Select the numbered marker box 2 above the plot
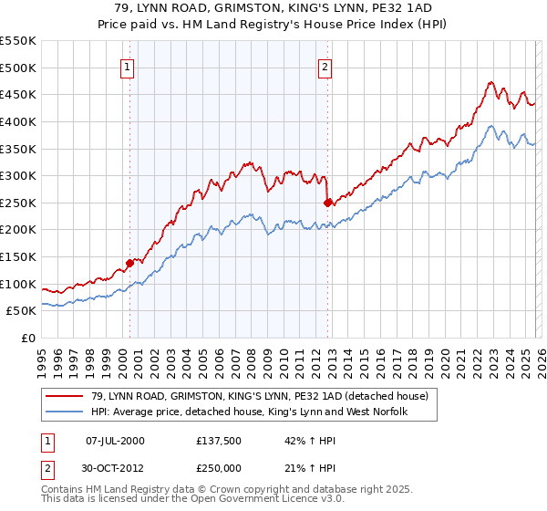click(x=325, y=66)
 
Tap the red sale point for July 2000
click(x=129, y=263)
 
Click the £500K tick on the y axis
click(x=18, y=68)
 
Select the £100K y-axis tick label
click(x=18, y=284)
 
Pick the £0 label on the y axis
click(x=29, y=339)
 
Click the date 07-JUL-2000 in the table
click(x=114, y=440)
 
